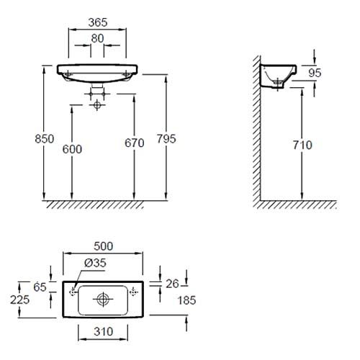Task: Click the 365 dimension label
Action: [x=98, y=22]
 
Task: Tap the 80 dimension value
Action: [x=97, y=38]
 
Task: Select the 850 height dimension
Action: [x=45, y=139]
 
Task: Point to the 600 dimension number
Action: [x=72, y=150]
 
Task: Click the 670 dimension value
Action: [x=135, y=143]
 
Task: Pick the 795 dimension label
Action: [x=166, y=139]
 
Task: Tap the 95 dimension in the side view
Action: [x=315, y=73]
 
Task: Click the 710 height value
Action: [x=302, y=145]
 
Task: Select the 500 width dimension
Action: [x=103, y=246]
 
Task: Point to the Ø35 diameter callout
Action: [x=95, y=263]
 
